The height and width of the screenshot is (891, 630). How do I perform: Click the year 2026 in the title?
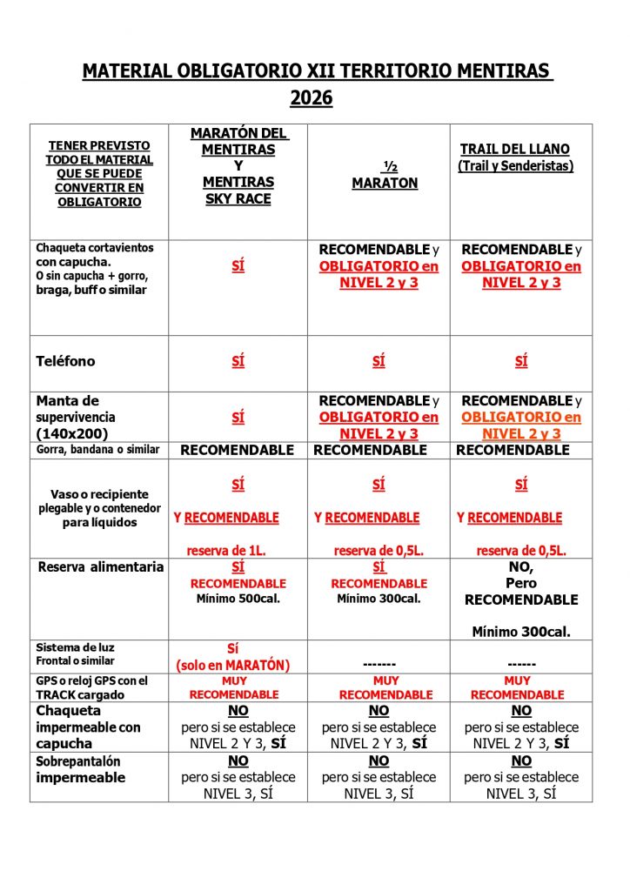pyautogui.click(x=312, y=98)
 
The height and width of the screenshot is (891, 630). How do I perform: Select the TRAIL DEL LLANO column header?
pyautogui.click(x=516, y=157)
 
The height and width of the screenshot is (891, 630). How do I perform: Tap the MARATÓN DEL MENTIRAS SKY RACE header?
pyautogui.click(x=238, y=165)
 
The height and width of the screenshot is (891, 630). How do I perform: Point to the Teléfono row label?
pyautogui.click(x=66, y=361)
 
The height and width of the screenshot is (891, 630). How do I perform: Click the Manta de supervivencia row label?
pyautogui.click(x=76, y=417)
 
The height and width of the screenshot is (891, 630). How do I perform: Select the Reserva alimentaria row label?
pyautogui.click(x=101, y=567)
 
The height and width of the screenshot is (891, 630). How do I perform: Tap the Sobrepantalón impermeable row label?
pyautogui.click(x=81, y=769)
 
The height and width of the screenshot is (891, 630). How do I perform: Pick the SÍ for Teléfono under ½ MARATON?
pyautogui.click(x=379, y=362)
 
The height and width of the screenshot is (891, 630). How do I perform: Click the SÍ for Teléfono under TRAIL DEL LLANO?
pyautogui.click(x=520, y=362)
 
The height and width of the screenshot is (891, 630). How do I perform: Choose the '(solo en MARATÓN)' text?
pyautogui.click(x=232, y=666)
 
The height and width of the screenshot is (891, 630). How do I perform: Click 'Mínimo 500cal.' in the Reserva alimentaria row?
pyautogui.click(x=238, y=599)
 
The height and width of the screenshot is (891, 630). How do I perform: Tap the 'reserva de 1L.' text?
pyautogui.click(x=230, y=550)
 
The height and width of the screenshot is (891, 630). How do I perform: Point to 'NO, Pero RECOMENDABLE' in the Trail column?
pyautogui.click(x=520, y=583)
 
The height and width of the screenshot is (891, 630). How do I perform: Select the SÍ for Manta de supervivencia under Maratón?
pyautogui.click(x=238, y=418)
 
